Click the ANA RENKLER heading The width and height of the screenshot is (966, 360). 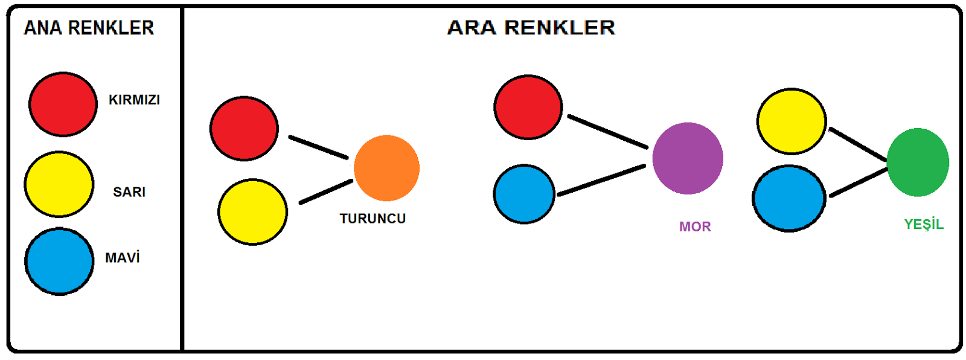89,28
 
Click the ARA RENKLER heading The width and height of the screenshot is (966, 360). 531,28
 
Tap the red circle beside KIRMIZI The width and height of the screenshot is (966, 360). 63,104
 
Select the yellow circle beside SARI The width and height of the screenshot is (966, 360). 59,184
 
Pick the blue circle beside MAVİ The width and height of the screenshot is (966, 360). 59,261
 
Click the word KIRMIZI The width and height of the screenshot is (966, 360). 134,100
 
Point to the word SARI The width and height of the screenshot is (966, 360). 129,192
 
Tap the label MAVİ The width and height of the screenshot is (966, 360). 123,258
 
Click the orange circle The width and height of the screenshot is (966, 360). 386,168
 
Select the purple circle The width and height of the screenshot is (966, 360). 688,158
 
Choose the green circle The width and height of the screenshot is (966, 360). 918,162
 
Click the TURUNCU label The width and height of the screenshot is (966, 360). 373,219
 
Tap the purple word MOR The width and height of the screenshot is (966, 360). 695,227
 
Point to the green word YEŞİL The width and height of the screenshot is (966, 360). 924,225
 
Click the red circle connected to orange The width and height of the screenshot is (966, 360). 244,129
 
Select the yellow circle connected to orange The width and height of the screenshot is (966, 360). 252,212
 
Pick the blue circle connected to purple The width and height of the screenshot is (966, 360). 524,194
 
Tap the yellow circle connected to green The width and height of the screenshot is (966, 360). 792,121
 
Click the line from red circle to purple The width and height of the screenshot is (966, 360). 607,131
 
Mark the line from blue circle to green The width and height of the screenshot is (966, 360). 859,182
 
